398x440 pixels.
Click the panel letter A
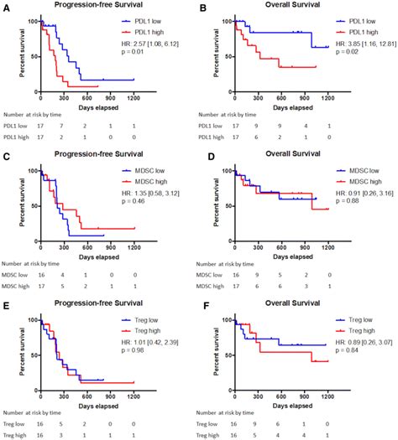7,6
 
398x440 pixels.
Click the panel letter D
205,154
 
